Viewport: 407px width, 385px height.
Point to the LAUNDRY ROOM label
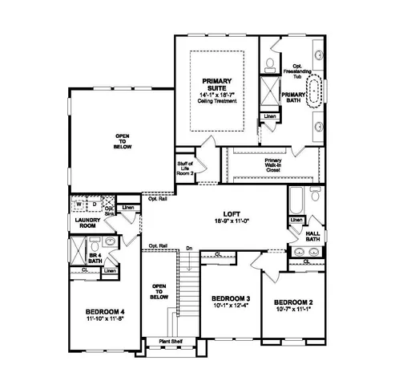click(x=85, y=222)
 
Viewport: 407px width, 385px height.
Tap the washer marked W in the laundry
click(x=79, y=203)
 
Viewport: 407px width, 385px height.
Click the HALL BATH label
click(x=312, y=236)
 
